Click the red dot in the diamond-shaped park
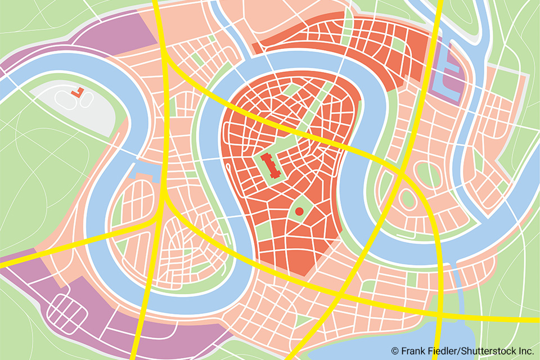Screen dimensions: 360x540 pyautogui.click(x=299, y=211)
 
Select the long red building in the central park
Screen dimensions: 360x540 pyautogui.click(x=273, y=166)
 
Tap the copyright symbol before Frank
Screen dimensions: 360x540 pyautogui.click(x=395, y=351)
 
